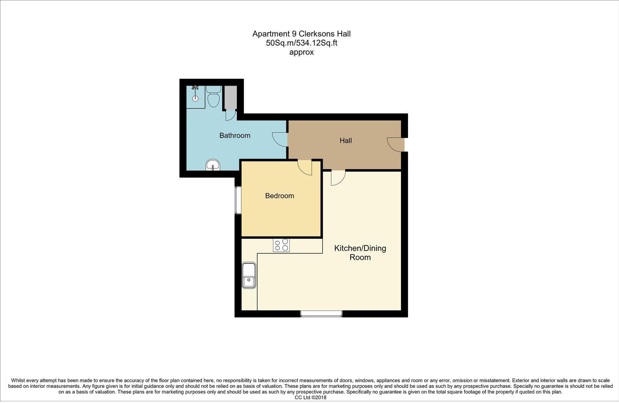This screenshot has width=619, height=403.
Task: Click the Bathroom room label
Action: pyautogui.click(x=235, y=135)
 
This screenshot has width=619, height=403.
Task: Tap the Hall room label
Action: pyautogui.click(x=345, y=141)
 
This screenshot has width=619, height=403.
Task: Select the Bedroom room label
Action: pyautogui.click(x=279, y=196)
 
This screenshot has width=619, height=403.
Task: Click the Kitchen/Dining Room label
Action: pyautogui.click(x=360, y=253)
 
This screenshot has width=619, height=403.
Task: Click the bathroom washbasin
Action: pyautogui.click(x=213, y=165)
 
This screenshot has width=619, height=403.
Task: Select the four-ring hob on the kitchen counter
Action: pyautogui.click(x=281, y=245)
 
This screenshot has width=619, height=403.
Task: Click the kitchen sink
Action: pyautogui.click(x=249, y=276)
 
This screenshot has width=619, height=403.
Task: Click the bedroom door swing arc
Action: pyautogui.click(x=305, y=167)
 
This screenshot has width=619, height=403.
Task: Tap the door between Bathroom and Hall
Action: pyautogui.click(x=280, y=139)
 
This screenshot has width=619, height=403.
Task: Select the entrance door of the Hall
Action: pyautogui.click(x=395, y=145)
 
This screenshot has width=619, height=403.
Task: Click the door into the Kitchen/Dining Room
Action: pyautogui.click(x=338, y=178)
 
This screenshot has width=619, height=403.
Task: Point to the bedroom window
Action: pyautogui.click(x=238, y=200)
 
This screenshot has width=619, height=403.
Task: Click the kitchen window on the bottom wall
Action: pyautogui.click(x=321, y=313)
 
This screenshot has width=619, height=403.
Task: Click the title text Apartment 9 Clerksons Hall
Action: pyautogui.click(x=301, y=34)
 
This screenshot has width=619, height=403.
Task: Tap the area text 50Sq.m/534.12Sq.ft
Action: pyautogui.click(x=301, y=43)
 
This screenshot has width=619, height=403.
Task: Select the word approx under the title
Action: pyautogui.click(x=301, y=52)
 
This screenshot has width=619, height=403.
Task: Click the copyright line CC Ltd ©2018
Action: pyautogui.click(x=310, y=397)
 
